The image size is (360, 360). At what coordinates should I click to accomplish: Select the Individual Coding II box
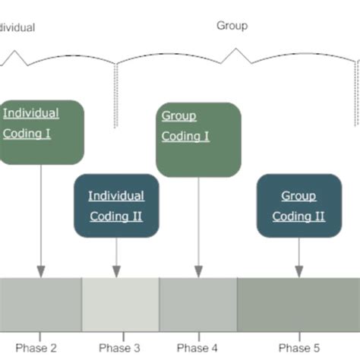(x=116, y=206)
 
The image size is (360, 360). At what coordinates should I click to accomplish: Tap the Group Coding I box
(x=198, y=139)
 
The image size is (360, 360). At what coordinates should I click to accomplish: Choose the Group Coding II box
(x=298, y=206)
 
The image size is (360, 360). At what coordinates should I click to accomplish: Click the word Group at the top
(x=232, y=26)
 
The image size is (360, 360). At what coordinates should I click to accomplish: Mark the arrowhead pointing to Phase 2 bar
(x=41, y=271)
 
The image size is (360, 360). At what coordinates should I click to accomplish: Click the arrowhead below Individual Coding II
(x=116, y=271)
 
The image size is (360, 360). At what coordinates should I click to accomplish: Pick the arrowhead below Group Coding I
(x=198, y=271)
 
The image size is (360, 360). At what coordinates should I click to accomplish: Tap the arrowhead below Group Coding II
(x=298, y=271)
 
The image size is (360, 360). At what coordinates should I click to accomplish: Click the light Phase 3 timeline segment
(x=120, y=304)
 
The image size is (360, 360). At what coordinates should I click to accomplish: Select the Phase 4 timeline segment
(x=198, y=304)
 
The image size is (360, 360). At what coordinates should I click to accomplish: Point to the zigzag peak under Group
(x=238, y=50)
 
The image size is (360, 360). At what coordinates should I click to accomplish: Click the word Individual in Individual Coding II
(x=116, y=196)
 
